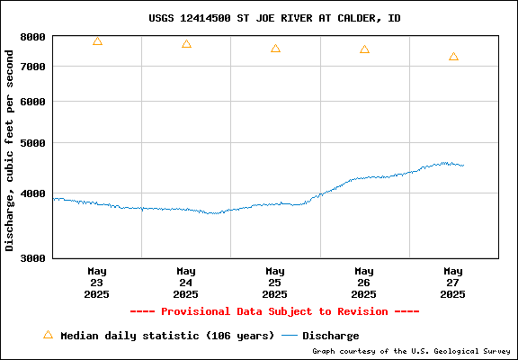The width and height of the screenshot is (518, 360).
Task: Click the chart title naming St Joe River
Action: pos(274,18)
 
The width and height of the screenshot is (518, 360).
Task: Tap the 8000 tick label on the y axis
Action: pos(32,37)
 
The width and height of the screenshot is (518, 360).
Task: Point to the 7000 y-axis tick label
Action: pos(32,67)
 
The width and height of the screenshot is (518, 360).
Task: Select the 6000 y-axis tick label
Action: pos(32,102)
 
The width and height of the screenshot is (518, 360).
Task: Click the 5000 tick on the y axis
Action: pos(32,143)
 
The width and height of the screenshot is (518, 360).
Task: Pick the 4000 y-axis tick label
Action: pos(32,193)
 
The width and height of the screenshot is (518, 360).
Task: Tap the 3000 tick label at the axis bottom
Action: pos(32,258)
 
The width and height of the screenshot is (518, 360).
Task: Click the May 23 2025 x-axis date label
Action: pos(97,283)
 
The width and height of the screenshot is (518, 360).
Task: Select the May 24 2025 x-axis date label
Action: pos(186,283)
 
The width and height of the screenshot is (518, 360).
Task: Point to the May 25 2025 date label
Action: pos(275,283)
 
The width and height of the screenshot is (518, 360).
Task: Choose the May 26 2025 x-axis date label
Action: pos(364,283)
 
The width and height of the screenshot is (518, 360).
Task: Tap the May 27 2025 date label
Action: pos(453,283)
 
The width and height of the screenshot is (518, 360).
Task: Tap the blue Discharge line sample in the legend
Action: pos(289,336)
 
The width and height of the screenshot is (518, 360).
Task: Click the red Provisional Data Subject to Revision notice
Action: pos(274,311)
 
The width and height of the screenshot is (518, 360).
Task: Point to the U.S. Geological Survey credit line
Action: pos(411,351)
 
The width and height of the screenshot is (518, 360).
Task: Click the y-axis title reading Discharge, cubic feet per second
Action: pos(9,150)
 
